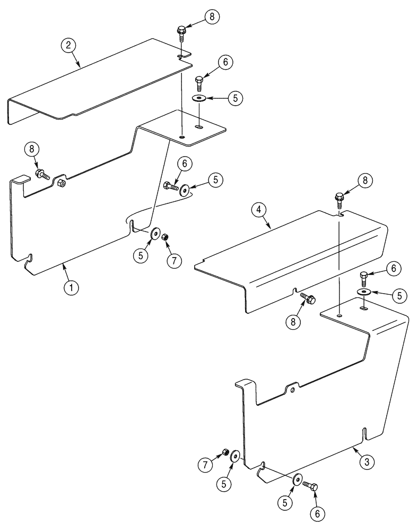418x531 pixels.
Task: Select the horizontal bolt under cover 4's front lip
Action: click(308, 299)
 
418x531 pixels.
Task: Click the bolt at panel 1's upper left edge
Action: click(42, 173)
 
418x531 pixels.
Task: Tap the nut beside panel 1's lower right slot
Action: click(164, 236)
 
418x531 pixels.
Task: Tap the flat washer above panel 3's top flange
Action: click(364, 292)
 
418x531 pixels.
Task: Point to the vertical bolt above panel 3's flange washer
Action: click(363, 277)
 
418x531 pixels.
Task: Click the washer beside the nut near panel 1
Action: click(155, 233)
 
